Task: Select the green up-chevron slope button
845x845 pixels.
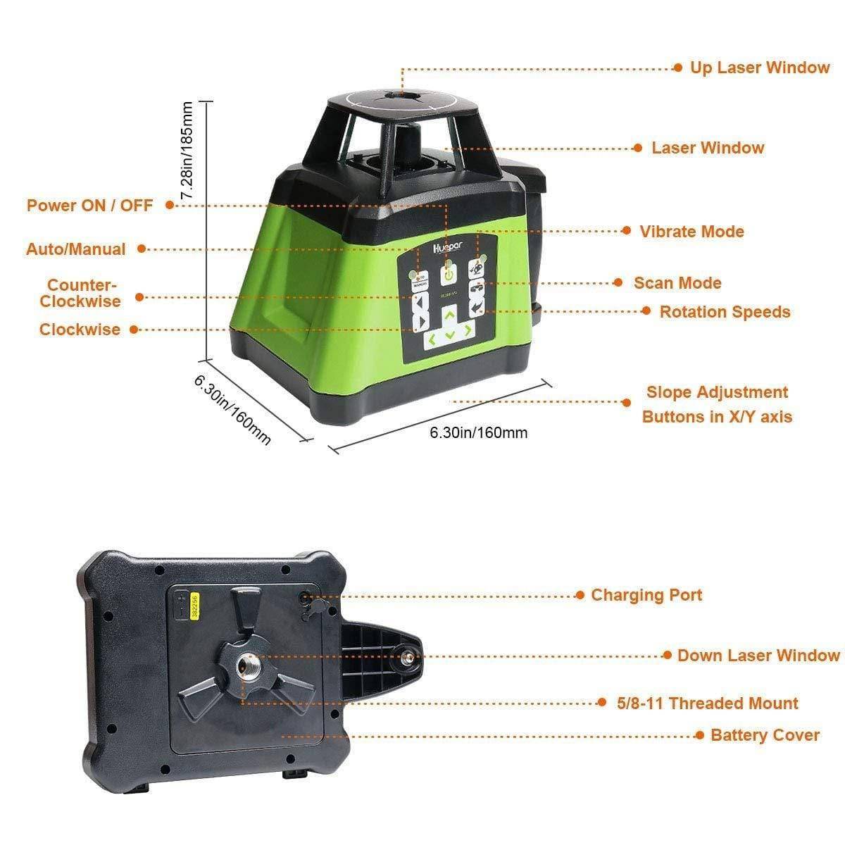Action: pyautogui.click(x=448, y=320)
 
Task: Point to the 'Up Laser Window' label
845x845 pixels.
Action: pyautogui.click(x=759, y=68)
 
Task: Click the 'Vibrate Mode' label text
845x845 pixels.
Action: pyautogui.click(x=691, y=232)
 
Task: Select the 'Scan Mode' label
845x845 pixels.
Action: pyautogui.click(x=677, y=283)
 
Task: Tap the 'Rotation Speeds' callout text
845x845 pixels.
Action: pyautogui.click(x=725, y=312)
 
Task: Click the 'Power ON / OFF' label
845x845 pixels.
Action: pyautogui.click(x=89, y=206)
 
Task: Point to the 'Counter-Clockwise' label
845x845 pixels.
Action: pyautogui.click(x=80, y=294)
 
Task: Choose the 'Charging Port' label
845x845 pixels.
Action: pyautogui.click(x=646, y=595)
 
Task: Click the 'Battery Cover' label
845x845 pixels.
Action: pyautogui.click(x=765, y=735)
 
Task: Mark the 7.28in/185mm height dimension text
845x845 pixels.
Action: pyautogui.click(x=187, y=151)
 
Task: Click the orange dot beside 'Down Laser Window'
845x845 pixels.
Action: pyautogui.click(x=668, y=656)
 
